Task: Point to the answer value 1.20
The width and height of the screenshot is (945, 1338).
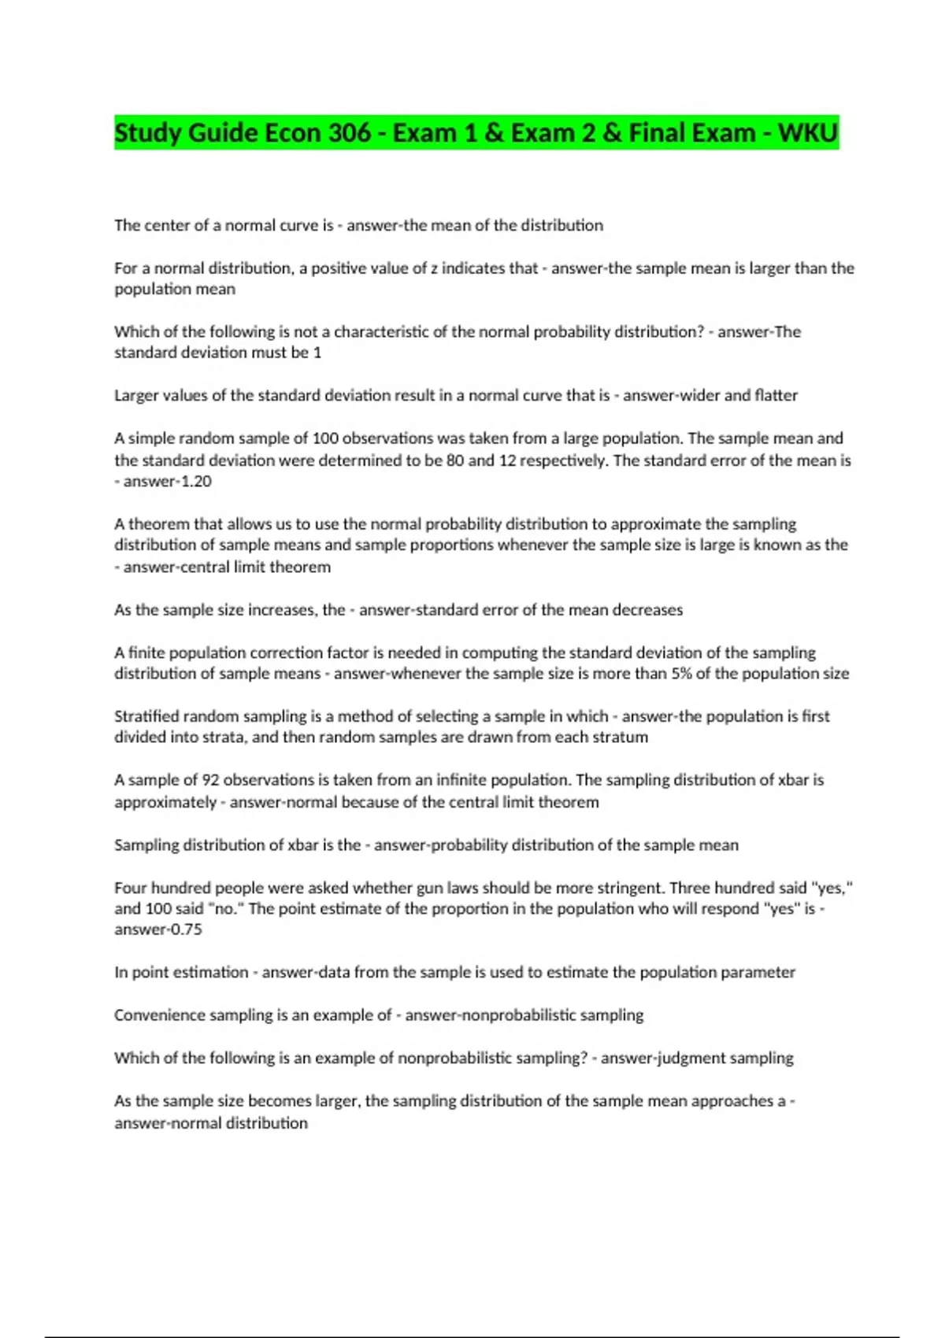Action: (x=193, y=481)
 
